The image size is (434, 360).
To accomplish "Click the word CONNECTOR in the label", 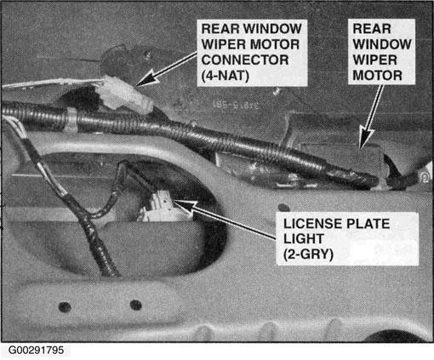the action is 245,60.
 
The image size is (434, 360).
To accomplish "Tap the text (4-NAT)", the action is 226,76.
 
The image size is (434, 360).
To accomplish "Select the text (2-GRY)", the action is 308,254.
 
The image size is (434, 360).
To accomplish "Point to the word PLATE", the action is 368,224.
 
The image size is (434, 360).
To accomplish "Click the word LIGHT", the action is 304,239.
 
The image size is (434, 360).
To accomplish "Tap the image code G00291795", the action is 36,351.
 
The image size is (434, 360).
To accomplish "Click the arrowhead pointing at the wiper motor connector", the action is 147,78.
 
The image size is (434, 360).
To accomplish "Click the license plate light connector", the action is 160,207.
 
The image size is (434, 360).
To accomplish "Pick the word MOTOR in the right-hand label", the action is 377,76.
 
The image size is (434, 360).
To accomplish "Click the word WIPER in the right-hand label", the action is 374,60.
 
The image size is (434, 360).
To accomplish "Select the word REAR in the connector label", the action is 220,29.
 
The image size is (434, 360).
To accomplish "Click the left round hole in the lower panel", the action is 65,307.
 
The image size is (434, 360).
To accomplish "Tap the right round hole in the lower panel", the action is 136,305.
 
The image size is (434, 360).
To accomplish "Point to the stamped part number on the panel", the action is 236,105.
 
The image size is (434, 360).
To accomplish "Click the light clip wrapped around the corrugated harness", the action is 71,119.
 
